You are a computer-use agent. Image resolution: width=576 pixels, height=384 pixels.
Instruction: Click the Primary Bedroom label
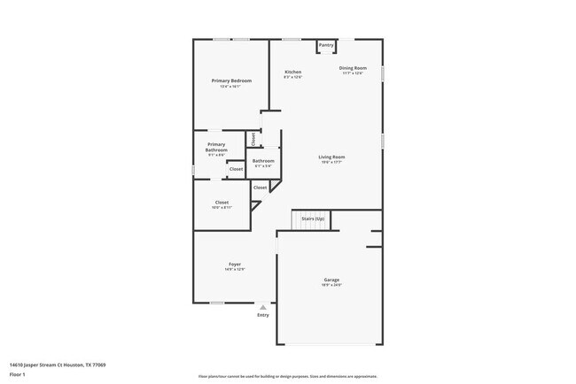[x=231, y=81]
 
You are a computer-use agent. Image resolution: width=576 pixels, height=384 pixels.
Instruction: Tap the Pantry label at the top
[x=326, y=44]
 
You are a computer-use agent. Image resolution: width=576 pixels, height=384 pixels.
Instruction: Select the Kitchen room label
[x=292, y=72]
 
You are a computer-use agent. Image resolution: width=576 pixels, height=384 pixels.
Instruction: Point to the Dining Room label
[x=353, y=68]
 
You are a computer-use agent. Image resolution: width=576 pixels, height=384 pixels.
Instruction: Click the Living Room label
[x=331, y=157]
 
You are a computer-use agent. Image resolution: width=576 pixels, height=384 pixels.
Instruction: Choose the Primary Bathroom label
[x=216, y=147]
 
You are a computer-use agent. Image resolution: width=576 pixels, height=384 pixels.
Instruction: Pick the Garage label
[x=331, y=280]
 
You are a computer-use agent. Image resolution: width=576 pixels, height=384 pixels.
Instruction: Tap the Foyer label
[x=235, y=264]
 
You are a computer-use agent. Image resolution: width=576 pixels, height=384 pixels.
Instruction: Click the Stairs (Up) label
[x=313, y=219]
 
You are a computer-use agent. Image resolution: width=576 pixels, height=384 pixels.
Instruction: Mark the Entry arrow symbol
[x=262, y=307]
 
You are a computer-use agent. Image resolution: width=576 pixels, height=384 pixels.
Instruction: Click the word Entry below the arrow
[x=262, y=315]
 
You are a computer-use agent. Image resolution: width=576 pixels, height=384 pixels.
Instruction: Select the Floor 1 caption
[x=17, y=373]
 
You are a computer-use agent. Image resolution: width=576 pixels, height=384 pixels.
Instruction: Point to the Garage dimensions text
[x=331, y=285]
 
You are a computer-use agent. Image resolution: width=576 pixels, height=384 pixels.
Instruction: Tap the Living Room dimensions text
[x=331, y=163]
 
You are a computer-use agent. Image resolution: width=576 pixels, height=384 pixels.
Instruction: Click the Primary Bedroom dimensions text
[x=231, y=86]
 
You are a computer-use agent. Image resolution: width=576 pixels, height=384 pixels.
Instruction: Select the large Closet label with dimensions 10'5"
[x=222, y=203]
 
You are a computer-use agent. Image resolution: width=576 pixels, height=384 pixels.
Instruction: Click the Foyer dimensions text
[x=235, y=269]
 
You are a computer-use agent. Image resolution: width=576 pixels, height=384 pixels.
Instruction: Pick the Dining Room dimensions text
[x=353, y=73]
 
